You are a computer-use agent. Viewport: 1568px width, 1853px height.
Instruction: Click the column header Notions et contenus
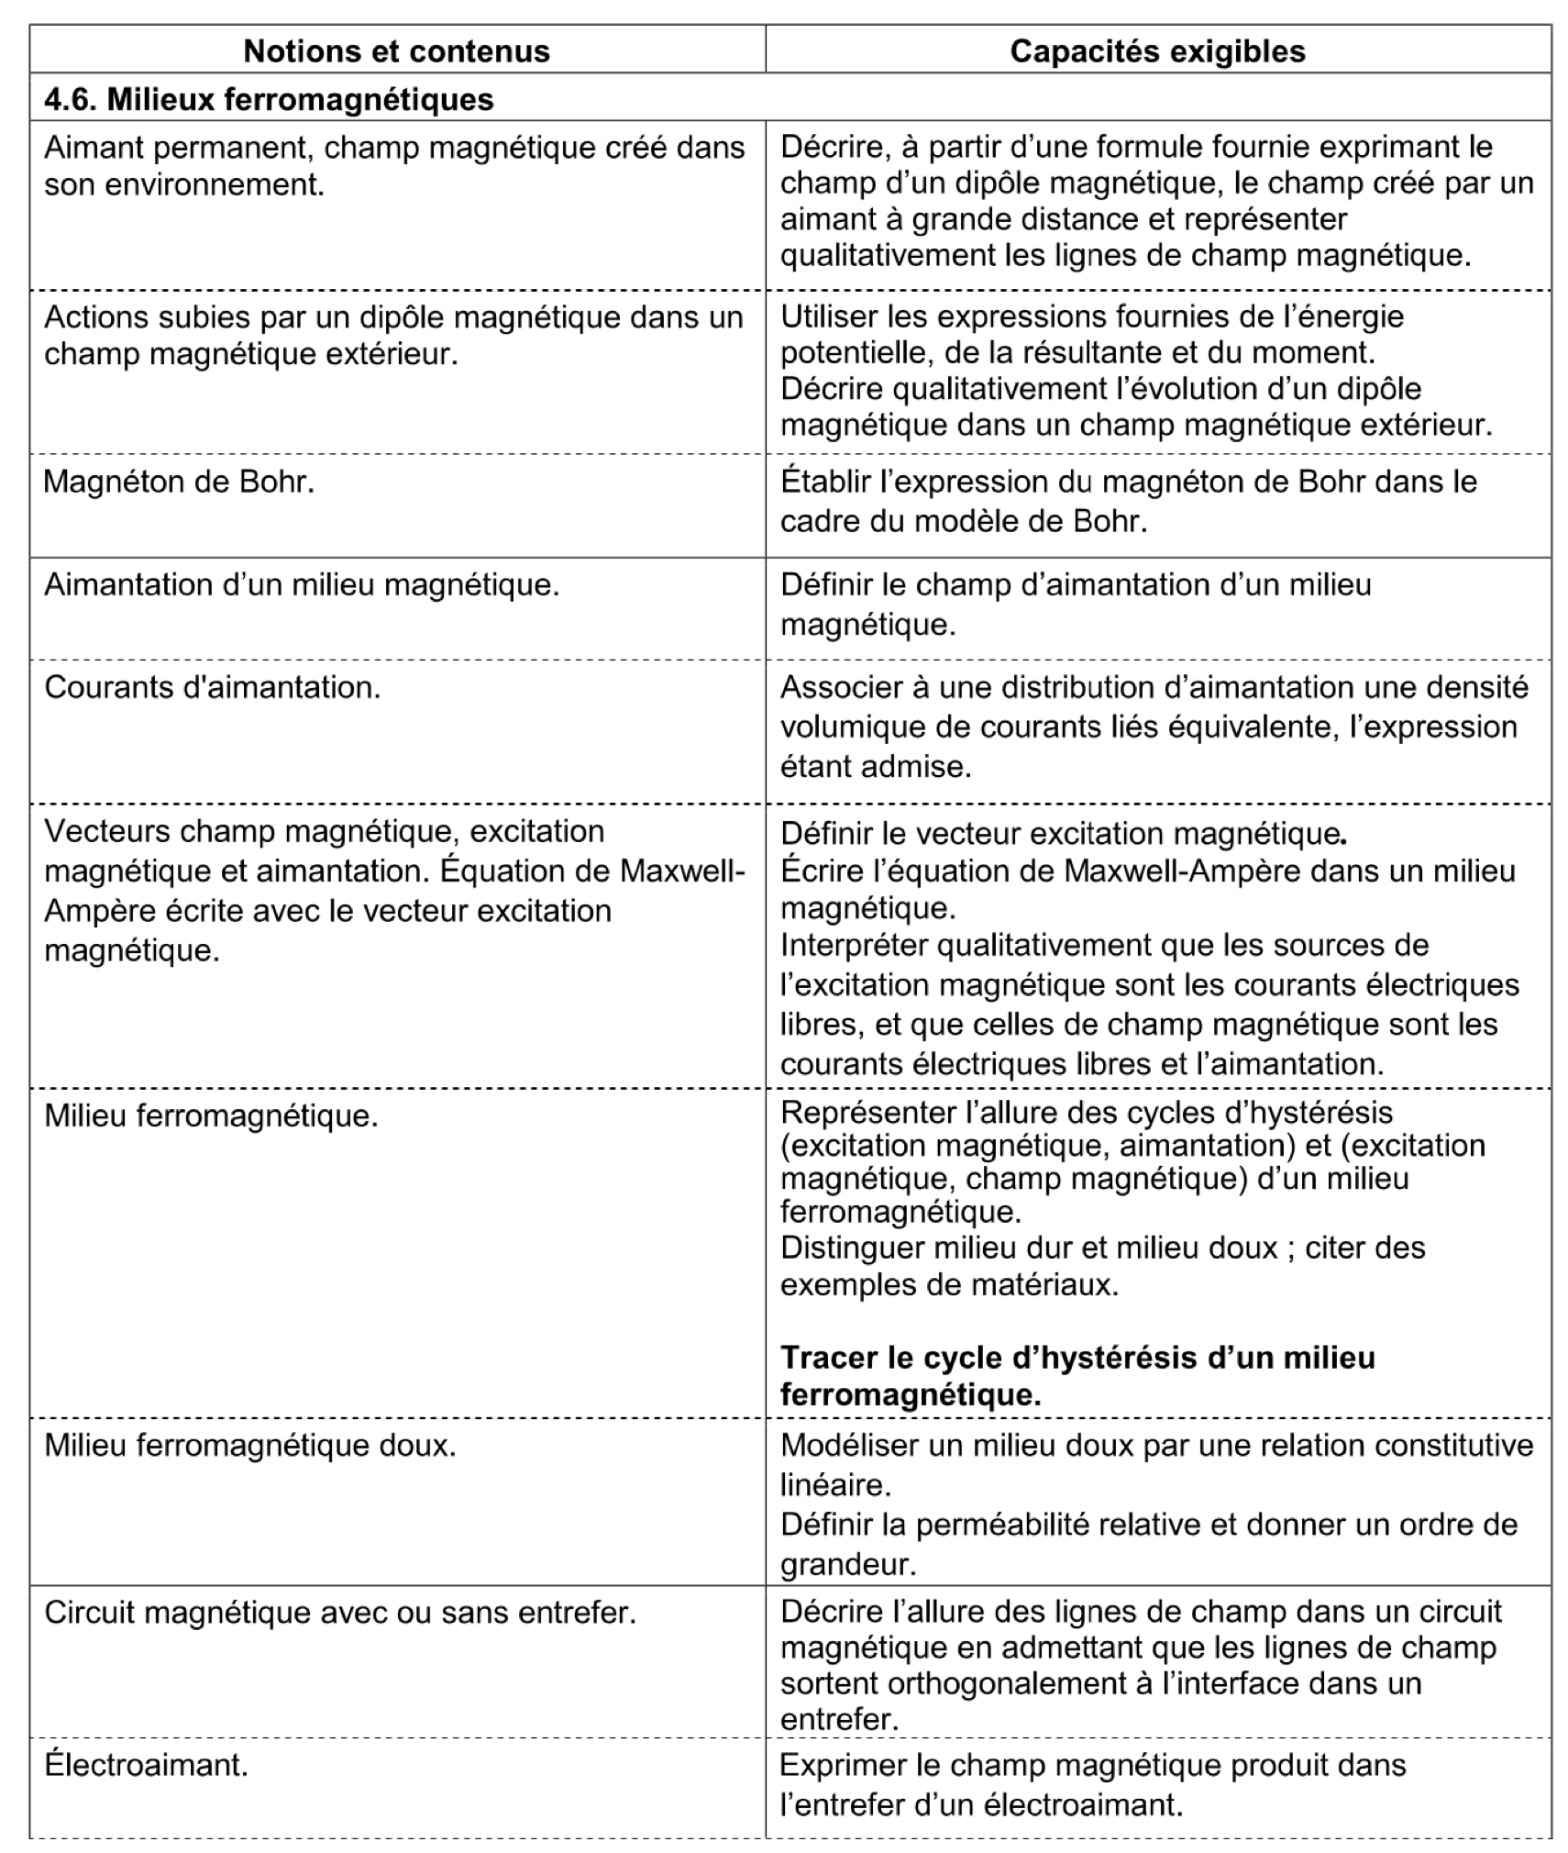[x=396, y=51]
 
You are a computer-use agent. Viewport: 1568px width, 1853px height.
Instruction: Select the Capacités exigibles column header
[x=1157, y=51]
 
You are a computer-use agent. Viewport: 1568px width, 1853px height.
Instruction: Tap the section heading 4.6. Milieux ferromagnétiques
[x=269, y=99]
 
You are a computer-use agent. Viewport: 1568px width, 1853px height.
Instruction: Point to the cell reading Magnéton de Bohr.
[x=179, y=482]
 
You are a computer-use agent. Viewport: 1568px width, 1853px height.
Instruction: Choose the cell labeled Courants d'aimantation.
[x=212, y=687]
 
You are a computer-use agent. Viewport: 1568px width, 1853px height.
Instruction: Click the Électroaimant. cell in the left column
[x=146, y=1764]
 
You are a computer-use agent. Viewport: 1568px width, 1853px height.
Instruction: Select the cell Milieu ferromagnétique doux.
[x=249, y=1445]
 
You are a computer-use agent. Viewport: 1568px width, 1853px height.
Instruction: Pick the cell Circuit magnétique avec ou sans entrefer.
[x=339, y=1612]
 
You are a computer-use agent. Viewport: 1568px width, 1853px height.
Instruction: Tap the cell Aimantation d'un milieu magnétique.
[x=302, y=584]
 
